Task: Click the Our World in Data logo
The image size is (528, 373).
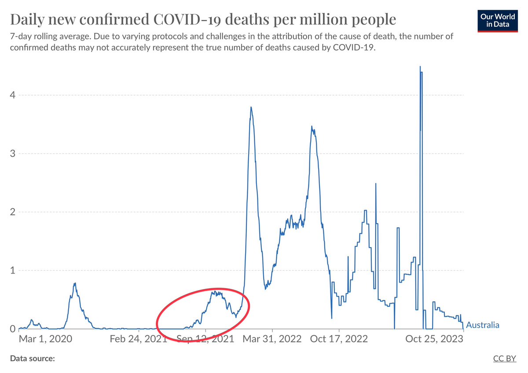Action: coord(498,21)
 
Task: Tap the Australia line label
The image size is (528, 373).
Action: coord(483,325)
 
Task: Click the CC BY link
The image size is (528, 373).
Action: coord(504,358)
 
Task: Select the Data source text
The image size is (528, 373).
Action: coord(33,358)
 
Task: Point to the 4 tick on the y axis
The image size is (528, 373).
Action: coord(12,95)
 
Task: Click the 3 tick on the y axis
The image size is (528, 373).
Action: coord(12,154)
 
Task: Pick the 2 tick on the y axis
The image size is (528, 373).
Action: coord(12,212)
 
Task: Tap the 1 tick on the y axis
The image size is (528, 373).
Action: coord(13,270)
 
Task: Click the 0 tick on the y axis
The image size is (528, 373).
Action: coord(12,329)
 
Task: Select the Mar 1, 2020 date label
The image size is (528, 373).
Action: coord(45,339)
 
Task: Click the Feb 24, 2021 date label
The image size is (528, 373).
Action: coord(139,339)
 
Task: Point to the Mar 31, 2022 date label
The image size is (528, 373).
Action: coord(272,339)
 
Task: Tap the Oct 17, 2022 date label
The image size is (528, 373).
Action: coord(339,339)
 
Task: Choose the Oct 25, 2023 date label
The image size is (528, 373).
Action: coord(434,339)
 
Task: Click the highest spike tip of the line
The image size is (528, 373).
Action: coord(420,66)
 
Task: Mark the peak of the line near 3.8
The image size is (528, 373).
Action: coord(251,107)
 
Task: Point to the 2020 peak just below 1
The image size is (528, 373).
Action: coord(75,283)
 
